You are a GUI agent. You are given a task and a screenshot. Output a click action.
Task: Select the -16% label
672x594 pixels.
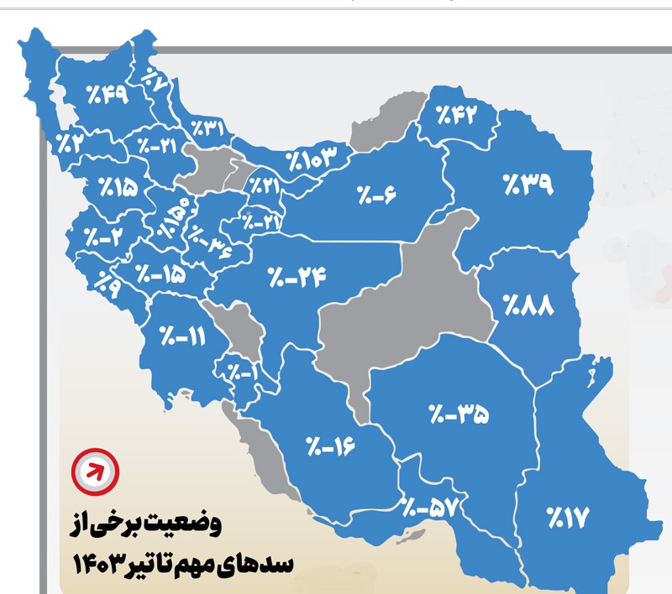coord(330,443)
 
